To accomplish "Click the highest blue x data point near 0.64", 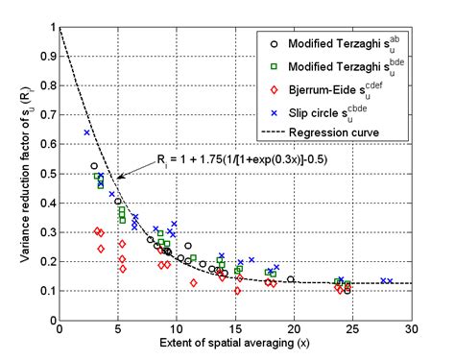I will [x=86, y=132].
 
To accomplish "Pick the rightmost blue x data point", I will [x=390, y=281].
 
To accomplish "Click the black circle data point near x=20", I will [x=291, y=279].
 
